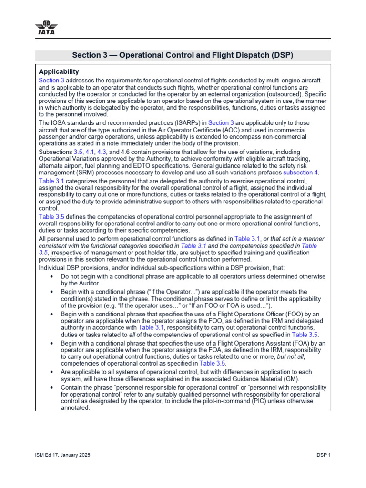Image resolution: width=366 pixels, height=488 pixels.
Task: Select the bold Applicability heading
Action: (59, 71)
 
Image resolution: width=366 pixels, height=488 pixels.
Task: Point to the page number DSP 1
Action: (323, 455)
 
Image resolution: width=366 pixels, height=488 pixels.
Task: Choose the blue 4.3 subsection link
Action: (102, 151)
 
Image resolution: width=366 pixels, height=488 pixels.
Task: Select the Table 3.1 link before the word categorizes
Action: (51, 181)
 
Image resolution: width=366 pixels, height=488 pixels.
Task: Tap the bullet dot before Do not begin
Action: (51, 276)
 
